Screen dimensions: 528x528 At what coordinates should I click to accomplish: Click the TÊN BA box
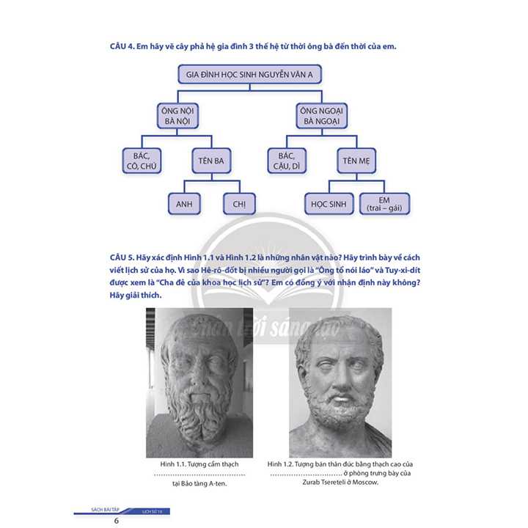(x=210, y=161)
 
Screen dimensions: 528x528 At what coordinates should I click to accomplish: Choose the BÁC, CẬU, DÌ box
(x=292, y=161)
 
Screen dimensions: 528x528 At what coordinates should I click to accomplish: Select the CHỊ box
(x=239, y=204)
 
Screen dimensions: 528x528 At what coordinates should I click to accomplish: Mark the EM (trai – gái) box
(x=384, y=204)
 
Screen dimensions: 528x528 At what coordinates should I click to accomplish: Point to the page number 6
(x=116, y=521)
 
